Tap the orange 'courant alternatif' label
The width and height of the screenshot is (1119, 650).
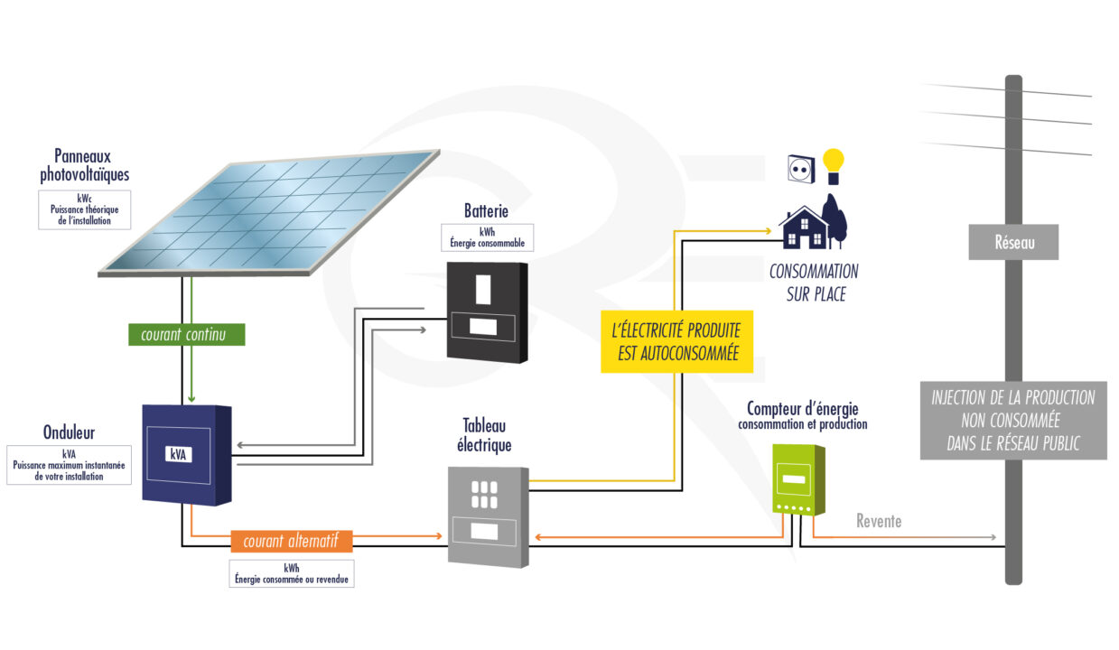291,542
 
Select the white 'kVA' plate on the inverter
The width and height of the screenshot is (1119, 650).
178,454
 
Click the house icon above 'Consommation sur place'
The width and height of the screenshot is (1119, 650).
804,227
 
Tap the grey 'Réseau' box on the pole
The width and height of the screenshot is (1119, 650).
1013,242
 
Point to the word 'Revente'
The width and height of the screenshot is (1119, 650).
878,522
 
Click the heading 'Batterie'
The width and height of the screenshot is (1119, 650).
486,211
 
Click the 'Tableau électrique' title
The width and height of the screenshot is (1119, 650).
486,435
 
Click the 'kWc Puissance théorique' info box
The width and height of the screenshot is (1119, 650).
85,209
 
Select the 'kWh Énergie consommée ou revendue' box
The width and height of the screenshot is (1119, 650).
291,573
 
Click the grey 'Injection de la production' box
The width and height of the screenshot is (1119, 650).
1012,420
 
